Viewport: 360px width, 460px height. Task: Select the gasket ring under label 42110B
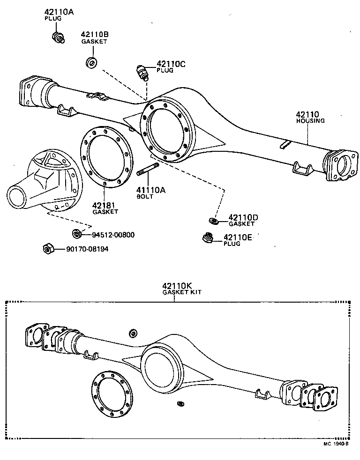pyautogui.click(x=91, y=62)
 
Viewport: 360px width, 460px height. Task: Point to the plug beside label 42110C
pyautogui.click(x=142, y=72)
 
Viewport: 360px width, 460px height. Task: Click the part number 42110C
pyautogui.click(x=171, y=64)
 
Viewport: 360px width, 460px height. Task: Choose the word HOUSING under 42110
pyautogui.click(x=310, y=120)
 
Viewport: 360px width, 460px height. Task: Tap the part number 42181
pyautogui.click(x=104, y=205)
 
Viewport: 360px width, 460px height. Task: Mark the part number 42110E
pyautogui.click(x=238, y=237)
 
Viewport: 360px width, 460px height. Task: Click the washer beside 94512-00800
pyautogui.click(x=76, y=234)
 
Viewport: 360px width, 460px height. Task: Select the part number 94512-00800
pyautogui.click(x=113, y=235)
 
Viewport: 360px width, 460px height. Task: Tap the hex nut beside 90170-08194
pyautogui.click(x=47, y=249)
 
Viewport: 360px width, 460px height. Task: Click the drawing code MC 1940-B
pyautogui.click(x=335, y=443)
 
